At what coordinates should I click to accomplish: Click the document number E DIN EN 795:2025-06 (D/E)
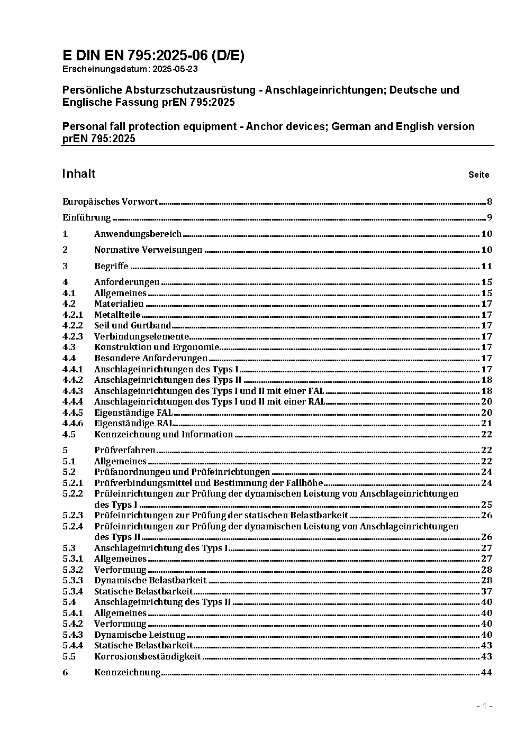coord(153,56)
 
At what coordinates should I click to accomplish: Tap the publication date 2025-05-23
coord(176,69)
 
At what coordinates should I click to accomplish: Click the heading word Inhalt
coord(79,174)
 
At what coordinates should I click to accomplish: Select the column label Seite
coord(478,175)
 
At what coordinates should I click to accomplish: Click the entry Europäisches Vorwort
coord(110,201)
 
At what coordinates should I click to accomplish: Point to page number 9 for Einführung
coord(490,217)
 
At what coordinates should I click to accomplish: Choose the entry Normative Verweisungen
coord(148,250)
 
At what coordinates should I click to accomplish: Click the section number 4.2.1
coord(73,315)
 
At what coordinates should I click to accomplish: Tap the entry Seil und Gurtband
coord(132,326)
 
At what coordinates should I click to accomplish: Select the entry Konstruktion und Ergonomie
coord(157,347)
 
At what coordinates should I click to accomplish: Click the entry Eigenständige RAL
coord(134,423)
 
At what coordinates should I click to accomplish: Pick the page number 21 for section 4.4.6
coord(486,423)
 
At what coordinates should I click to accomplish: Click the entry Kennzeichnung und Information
coord(164,434)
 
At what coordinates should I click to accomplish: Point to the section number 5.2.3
coord(73,515)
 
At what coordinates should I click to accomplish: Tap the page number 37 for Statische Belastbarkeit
coord(486,591)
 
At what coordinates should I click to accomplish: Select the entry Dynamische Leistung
coord(140,635)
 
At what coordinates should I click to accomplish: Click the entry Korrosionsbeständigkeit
coord(148,656)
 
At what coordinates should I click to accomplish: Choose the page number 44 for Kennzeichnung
coord(486,673)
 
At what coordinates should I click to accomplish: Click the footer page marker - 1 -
coord(484,706)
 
